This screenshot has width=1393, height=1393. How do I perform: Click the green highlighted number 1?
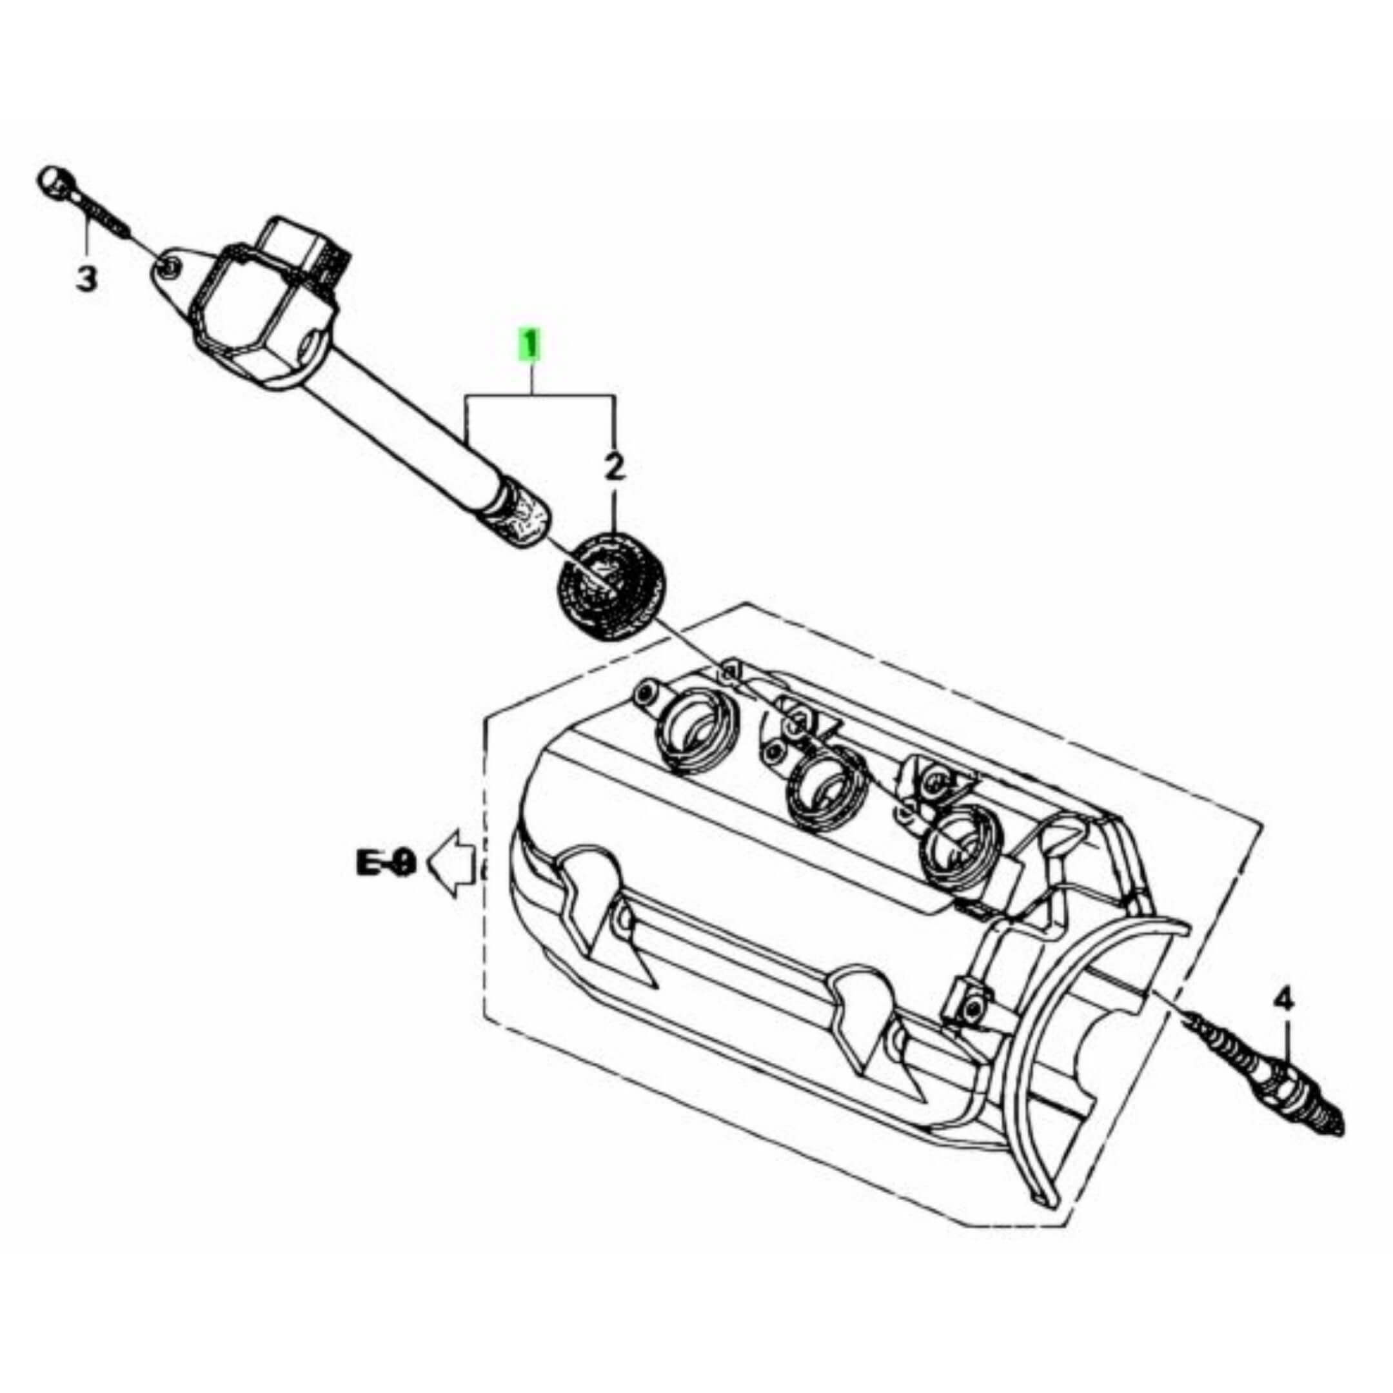(x=531, y=344)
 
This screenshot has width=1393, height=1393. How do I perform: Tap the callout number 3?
(x=86, y=277)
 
